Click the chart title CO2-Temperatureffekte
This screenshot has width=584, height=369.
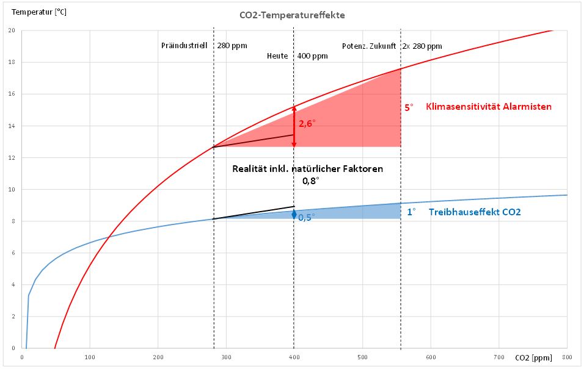coord(291,15)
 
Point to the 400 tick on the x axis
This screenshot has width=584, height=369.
coord(294,357)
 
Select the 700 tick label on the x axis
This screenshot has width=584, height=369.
coord(498,357)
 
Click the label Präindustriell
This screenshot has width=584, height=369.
coord(184,46)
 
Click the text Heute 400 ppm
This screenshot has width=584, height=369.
coord(297,56)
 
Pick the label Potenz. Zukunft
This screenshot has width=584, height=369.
coord(368,46)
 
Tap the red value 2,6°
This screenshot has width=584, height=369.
coord(307,123)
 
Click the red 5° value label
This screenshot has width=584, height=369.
coord(409,107)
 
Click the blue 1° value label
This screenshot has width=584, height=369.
coord(411,212)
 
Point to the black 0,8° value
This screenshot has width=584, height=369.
coord(310,181)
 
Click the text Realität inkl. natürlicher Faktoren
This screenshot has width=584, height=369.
coord(307,168)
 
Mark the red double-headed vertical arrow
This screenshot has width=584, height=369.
coord(294,127)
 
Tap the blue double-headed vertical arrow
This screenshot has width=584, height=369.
coord(294,215)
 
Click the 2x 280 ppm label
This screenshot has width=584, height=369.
coord(422,46)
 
